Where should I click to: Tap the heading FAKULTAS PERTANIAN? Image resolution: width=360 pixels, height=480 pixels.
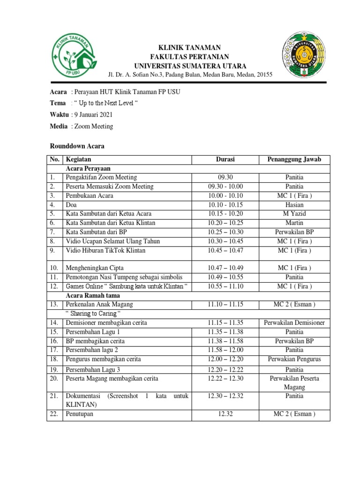point(190,57)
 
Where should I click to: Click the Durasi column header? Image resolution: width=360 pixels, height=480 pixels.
point(225,160)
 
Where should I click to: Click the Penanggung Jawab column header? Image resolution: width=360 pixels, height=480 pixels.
point(294,160)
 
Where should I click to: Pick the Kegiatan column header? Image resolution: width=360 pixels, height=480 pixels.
point(78,160)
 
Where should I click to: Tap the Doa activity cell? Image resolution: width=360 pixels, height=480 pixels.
point(72,205)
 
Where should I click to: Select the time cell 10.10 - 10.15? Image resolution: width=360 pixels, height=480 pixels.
point(225,205)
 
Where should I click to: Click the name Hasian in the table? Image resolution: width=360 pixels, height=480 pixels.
point(294,205)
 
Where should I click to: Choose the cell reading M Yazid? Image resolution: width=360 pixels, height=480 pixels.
point(294,214)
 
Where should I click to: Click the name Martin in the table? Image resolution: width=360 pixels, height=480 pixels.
point(294,223)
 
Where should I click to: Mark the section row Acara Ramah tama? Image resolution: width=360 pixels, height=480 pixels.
point(93,295)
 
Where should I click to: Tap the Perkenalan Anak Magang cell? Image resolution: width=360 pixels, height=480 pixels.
point(99,305)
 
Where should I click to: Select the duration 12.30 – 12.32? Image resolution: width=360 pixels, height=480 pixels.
point(225,396)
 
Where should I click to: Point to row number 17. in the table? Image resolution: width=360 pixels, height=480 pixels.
point(54,350)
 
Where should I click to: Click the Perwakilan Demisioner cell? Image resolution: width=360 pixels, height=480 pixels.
point(294,323)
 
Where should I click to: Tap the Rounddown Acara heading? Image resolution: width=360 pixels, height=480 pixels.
point(77,146)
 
